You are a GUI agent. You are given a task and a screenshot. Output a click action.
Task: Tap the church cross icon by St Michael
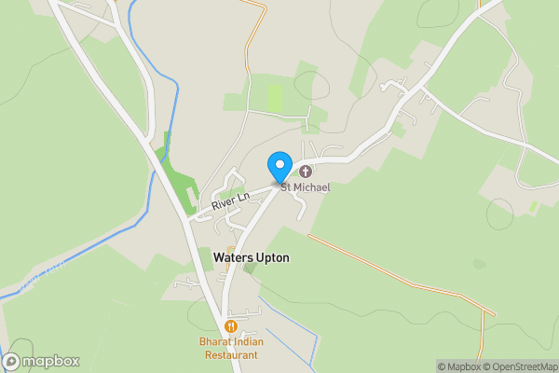click(x=305, y=171)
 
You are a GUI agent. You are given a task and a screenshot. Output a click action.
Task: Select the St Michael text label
click(x=306, y=187)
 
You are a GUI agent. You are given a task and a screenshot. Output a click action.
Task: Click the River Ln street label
click(x=230, y=200)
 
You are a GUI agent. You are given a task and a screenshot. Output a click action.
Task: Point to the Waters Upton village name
click(x=251, y=256)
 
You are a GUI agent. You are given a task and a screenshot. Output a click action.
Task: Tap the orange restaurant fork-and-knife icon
click(x=230, y=326)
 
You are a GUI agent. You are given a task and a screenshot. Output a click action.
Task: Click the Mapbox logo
click(x=41, y=362)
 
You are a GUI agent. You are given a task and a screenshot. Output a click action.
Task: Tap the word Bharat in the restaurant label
click(x=215, y=342)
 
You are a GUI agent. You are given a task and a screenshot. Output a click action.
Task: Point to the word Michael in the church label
click(x=313, y=187)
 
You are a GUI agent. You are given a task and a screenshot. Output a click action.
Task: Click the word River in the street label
click(x=224, y=201)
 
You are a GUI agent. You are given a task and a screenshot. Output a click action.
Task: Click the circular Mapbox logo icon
click(x=11, y=362)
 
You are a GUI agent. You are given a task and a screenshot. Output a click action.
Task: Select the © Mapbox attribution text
click(x=457, y=366)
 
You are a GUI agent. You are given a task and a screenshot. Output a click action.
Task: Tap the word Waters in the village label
click(x=232, y=256)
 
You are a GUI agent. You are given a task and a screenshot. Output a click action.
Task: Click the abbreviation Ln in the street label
click(x=243, y=196)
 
